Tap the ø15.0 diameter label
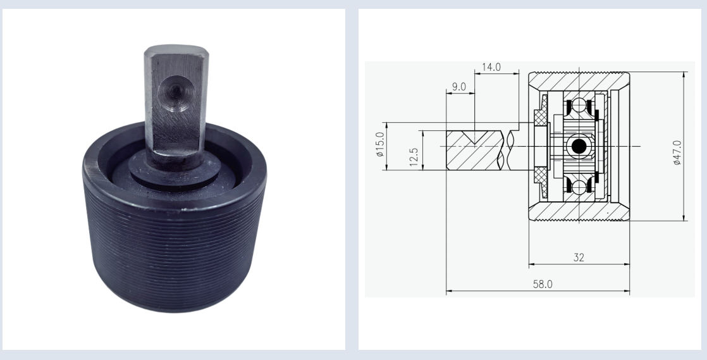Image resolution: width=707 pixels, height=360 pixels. coord(380,147)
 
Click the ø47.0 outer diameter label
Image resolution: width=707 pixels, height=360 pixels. coord(677,152)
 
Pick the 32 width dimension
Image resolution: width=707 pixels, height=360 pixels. coord(579,257)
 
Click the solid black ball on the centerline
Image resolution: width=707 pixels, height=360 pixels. coord(579,146)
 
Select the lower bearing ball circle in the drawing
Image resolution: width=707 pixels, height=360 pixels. coord(579,187)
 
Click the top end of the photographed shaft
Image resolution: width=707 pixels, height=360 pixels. coord(171,51)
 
